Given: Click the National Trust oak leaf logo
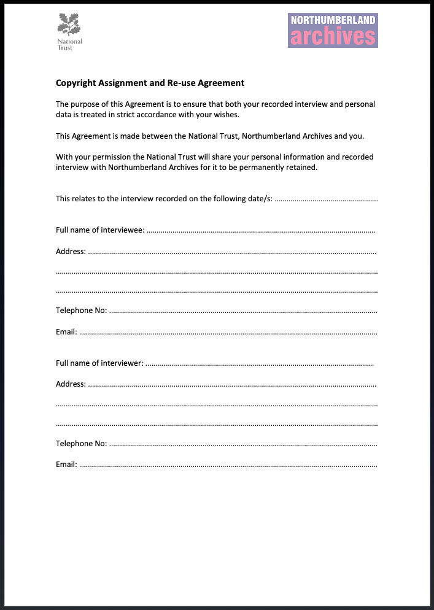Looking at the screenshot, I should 69,25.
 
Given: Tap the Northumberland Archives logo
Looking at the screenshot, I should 333,30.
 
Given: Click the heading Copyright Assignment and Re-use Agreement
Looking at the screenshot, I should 150,83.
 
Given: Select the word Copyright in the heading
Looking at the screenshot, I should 76,83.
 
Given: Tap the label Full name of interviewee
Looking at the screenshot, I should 100,230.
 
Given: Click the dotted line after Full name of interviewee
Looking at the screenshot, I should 261,231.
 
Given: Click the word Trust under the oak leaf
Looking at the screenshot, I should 64,48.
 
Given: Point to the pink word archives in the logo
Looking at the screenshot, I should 333,37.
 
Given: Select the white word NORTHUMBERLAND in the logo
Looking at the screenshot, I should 333,20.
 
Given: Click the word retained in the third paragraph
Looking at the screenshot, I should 301,167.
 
